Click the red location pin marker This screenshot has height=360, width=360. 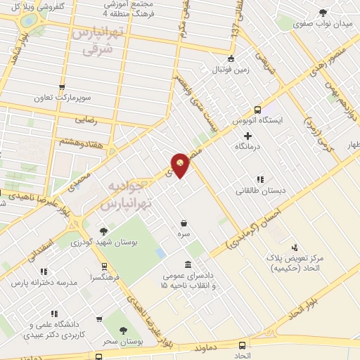(181, 165)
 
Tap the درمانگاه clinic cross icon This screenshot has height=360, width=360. (247, 134)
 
